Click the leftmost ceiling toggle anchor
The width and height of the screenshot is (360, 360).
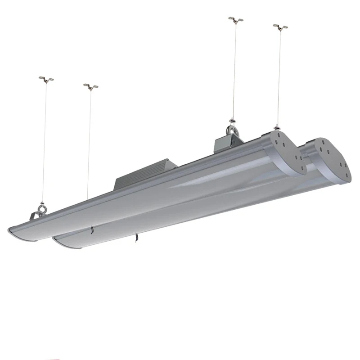pos(46,79)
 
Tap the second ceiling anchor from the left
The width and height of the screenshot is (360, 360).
pos(90,86)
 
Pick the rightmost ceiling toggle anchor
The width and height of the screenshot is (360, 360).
pos(280,27)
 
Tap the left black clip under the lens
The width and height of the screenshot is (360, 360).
pos(91,230)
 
